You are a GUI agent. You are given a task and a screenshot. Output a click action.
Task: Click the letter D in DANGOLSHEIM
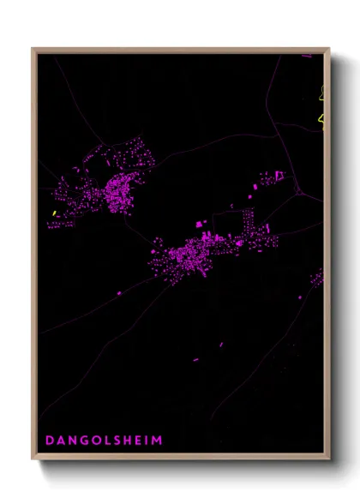(x=49, y=441)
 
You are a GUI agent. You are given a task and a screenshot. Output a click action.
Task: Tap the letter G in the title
(x=81, y=441)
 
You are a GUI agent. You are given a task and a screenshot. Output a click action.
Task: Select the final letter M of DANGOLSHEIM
(x=157, y=441)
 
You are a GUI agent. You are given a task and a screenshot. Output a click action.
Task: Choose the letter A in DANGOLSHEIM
(x=60, y=441)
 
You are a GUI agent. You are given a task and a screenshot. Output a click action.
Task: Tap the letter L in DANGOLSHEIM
(x=104, y=441)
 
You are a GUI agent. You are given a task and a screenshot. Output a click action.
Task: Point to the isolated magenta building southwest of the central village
(x=119, y=293)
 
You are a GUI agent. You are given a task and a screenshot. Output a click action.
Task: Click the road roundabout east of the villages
(x=298, y=193)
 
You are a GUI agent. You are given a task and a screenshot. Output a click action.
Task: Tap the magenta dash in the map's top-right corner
(x=306, y=57)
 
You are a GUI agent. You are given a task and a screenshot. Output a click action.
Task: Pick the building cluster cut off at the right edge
(x=318, y=278)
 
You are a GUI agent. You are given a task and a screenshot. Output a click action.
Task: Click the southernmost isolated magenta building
(x=195, y=359)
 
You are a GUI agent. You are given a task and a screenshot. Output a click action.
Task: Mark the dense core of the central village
(x=189, y=255)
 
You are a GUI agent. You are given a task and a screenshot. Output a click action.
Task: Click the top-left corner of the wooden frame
(x=33, y=49)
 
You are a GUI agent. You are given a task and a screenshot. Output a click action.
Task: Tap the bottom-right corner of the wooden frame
(x=329, y=459)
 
